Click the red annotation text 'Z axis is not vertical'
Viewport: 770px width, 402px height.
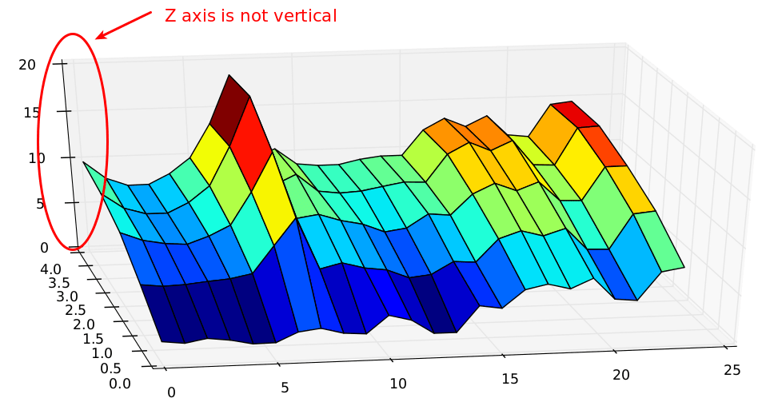point(250,15)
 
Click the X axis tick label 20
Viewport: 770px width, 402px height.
point(621,375)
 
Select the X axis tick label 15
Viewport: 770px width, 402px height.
point(510,379)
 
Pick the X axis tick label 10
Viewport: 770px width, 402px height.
point(398,384)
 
